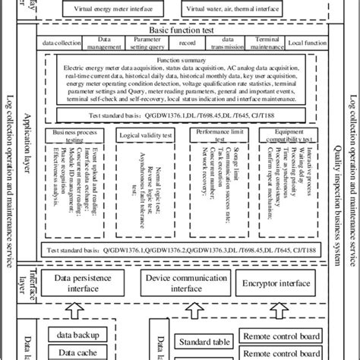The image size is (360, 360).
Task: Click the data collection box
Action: pyautogui.click(x=59, y=45)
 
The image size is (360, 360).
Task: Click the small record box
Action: pyautogui.click(x=185, y=45)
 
